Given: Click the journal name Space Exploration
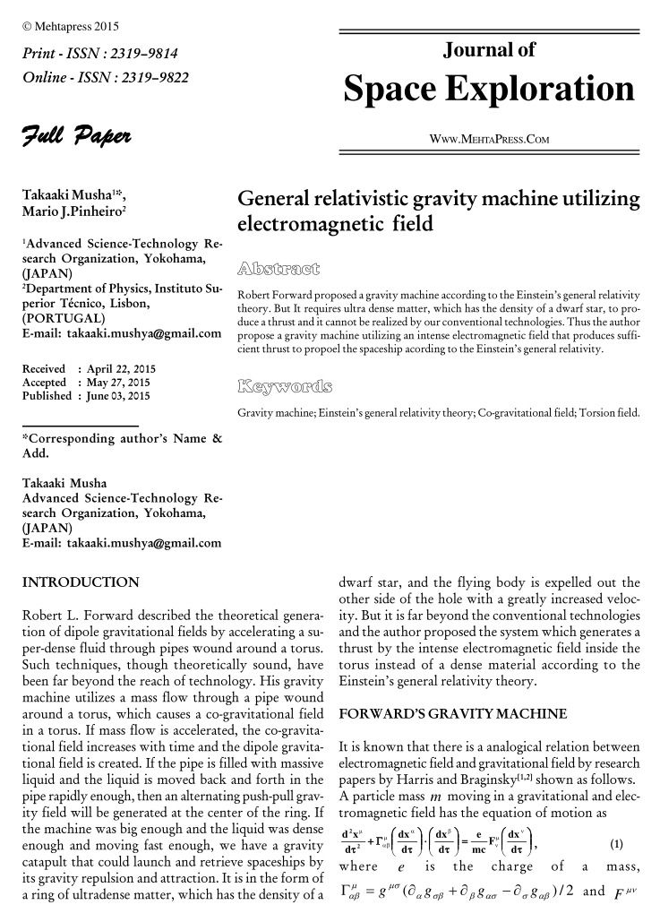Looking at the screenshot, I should point(489,89).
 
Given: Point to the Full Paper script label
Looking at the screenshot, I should point(77,137).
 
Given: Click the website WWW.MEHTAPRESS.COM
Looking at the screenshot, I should point(489,139).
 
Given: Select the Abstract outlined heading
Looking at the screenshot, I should point(279,267).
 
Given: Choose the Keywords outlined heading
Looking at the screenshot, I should point(285,387).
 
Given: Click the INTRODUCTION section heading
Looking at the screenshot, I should point(80,582).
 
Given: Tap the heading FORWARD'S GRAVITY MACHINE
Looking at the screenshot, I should point(452,714).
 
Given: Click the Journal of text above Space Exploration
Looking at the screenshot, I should point(489,50).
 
